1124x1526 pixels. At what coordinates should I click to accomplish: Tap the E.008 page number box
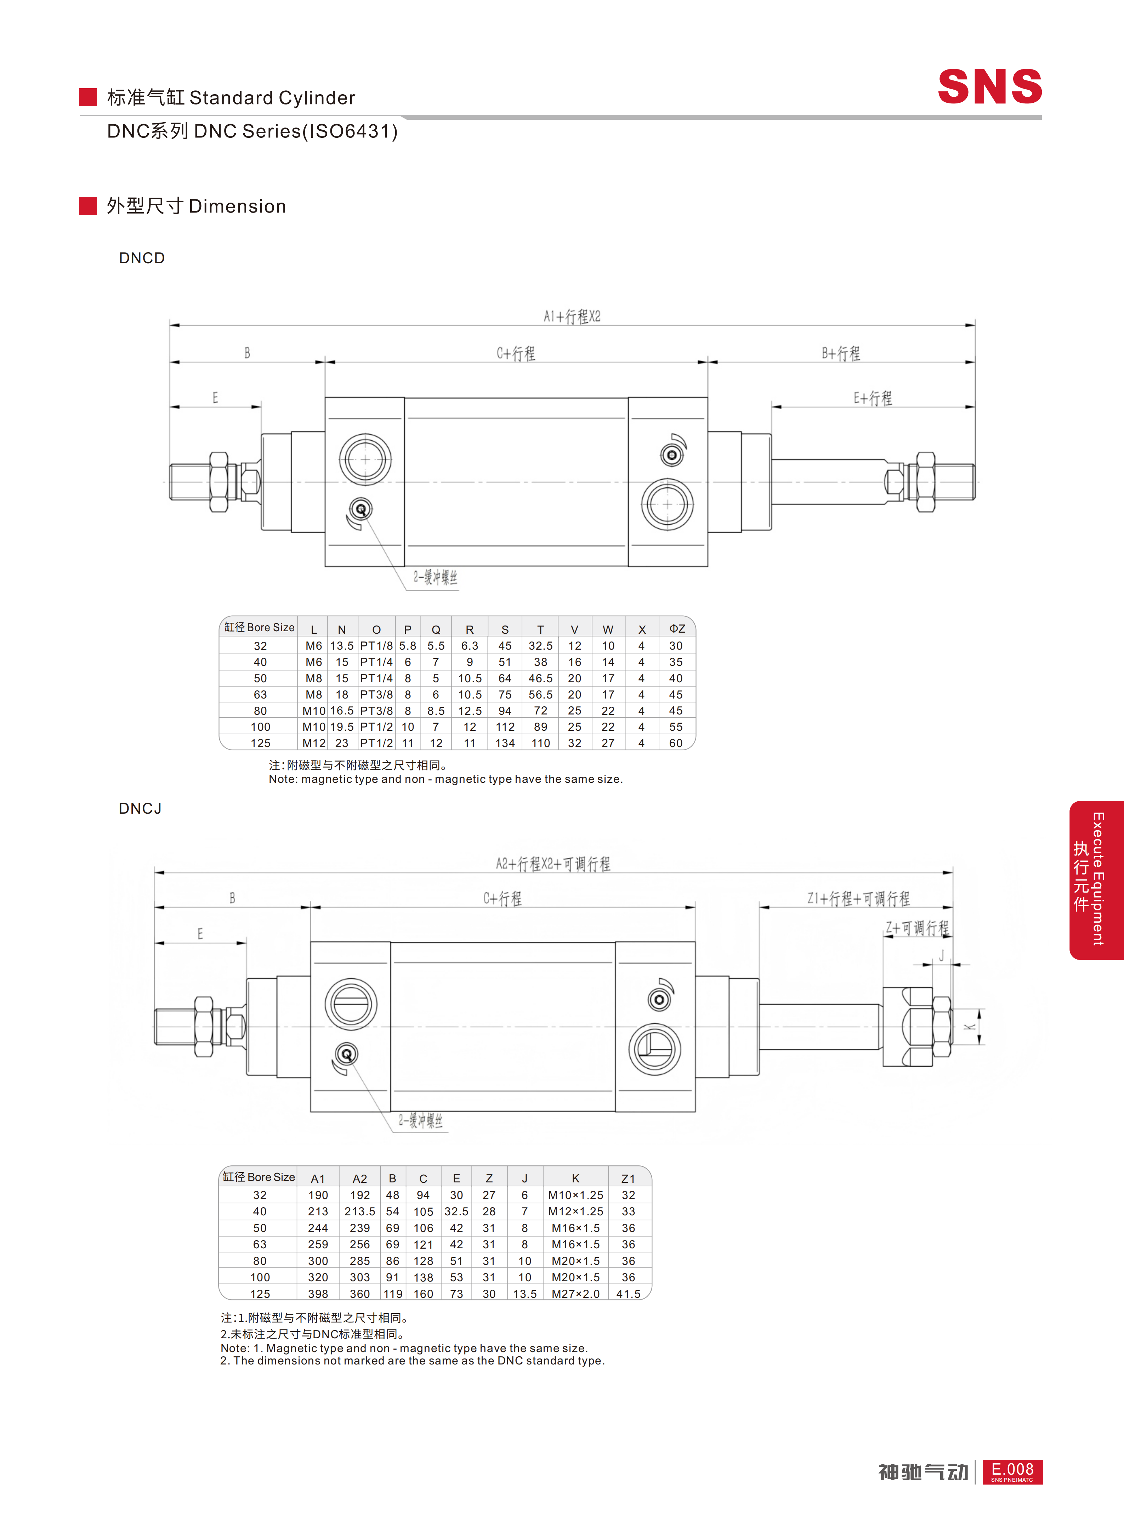coord(1012,1471)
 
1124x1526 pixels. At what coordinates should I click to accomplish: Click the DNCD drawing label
coord(142,258)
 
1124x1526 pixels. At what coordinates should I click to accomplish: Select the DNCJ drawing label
coord(140,808)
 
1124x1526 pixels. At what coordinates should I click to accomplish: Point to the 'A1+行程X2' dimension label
coord(572,316)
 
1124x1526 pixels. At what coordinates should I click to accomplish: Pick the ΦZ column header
coord(677,628)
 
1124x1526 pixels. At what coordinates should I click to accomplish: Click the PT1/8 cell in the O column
coord(376,645)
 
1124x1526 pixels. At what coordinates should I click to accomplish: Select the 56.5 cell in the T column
coord(540,694)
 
